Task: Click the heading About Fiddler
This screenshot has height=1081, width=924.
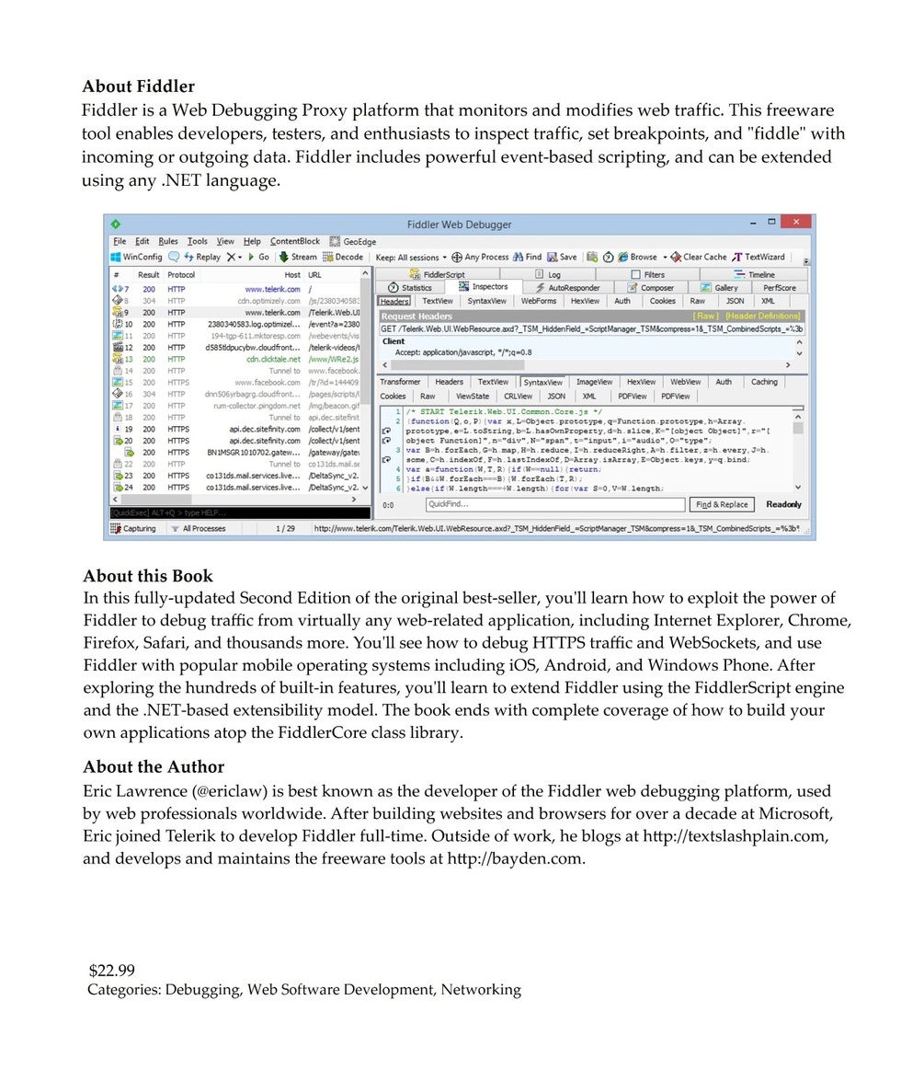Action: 138,86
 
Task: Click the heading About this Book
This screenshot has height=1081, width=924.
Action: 148,576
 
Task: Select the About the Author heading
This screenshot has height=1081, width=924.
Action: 154,766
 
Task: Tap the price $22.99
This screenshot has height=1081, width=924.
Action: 112,970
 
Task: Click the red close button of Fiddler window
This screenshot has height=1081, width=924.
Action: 795,223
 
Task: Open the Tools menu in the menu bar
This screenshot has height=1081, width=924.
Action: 198,241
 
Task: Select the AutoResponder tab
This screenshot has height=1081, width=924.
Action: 567,288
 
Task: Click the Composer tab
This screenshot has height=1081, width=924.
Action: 656,288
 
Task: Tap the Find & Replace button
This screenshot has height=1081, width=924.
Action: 722,504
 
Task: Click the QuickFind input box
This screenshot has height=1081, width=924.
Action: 555,504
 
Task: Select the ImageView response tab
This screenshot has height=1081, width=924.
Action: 594,382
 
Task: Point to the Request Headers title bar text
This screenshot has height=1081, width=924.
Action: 416,316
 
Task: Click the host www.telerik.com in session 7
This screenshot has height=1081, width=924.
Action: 272,289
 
